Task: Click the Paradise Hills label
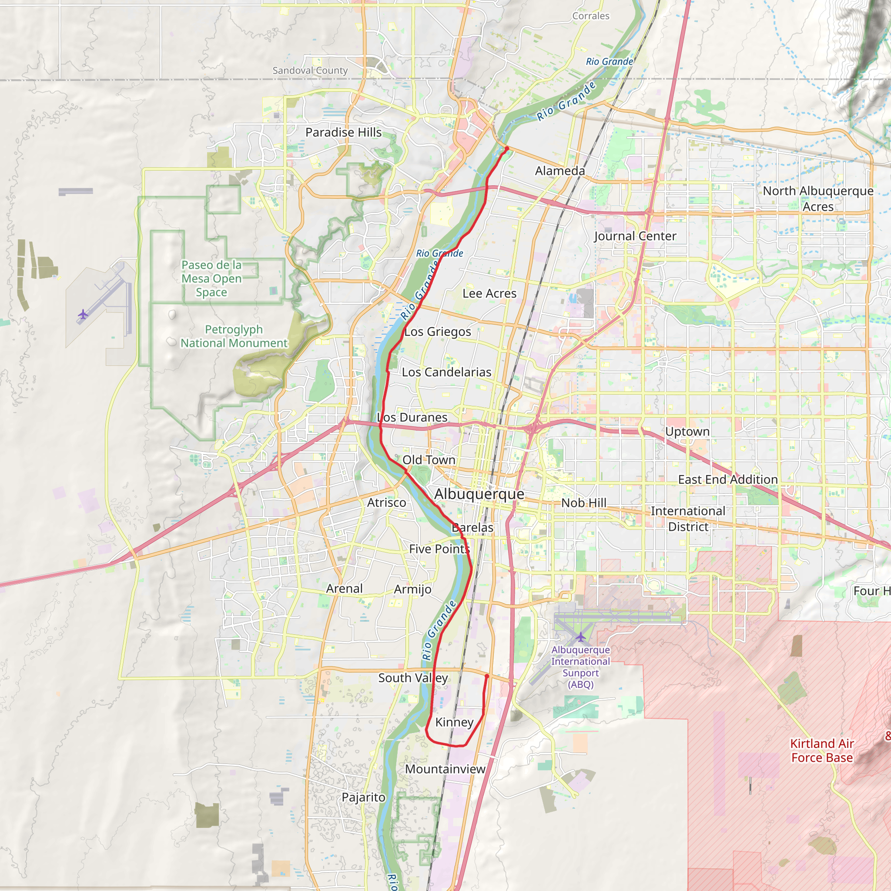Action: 343,132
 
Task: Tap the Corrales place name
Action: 590,16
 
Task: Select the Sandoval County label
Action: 310,70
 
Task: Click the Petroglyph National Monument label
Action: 234,336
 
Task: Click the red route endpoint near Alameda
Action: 506,148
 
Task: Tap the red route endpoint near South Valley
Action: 487,676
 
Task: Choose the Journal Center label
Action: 635,236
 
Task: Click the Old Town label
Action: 429,460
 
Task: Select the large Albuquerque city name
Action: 479,494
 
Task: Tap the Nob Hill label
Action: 583,502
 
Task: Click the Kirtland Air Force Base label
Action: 821,750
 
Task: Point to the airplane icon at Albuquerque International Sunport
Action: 580,637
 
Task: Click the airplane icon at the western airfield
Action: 83,315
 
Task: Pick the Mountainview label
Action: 445,769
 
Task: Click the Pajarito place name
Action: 363,797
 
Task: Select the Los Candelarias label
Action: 446,372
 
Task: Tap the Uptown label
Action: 687,432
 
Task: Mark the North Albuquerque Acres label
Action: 817,199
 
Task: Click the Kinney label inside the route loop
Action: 454,722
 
